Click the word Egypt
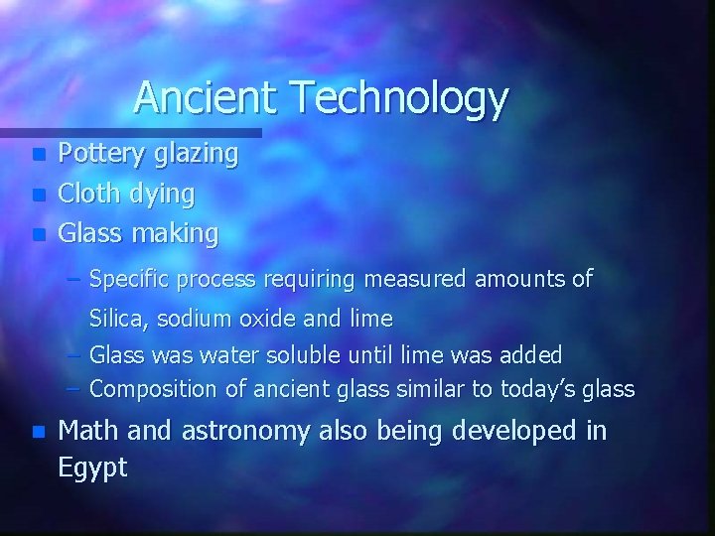tap(93, 468)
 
